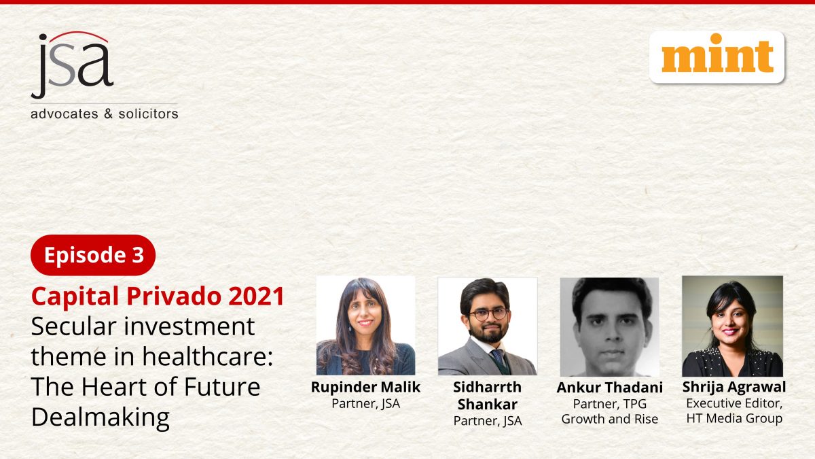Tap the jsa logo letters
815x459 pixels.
tap(72, 65)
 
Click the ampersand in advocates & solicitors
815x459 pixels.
tap(109, 114)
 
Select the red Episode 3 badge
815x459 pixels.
tap(93, 255)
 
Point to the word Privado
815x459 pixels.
tap(174, 296)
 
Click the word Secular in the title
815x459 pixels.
tap(74, 326)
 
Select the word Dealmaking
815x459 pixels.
tap(101, 418)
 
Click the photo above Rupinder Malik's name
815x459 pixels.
tap(365, 326)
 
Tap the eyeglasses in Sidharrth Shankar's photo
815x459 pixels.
tap(488, 314)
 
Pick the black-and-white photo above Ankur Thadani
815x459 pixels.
tap(609, 327)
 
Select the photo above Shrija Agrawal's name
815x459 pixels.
tap(732, 326)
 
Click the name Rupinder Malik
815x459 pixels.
tap(365, 387)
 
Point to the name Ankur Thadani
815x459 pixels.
tap(610, 388)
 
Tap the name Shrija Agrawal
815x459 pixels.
tap(734, 387)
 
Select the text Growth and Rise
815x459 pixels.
tap(610, 419)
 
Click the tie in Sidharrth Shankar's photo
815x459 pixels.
tap(499, 358)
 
